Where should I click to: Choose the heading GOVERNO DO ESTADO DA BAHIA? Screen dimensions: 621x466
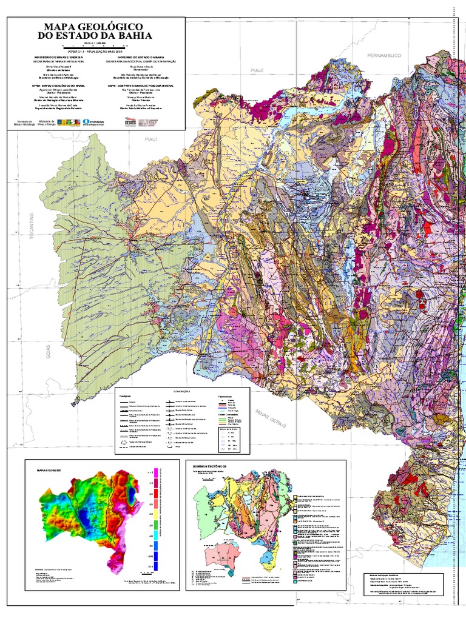[135, 58]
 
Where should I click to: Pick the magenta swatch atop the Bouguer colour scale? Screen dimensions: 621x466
[157, 472]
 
